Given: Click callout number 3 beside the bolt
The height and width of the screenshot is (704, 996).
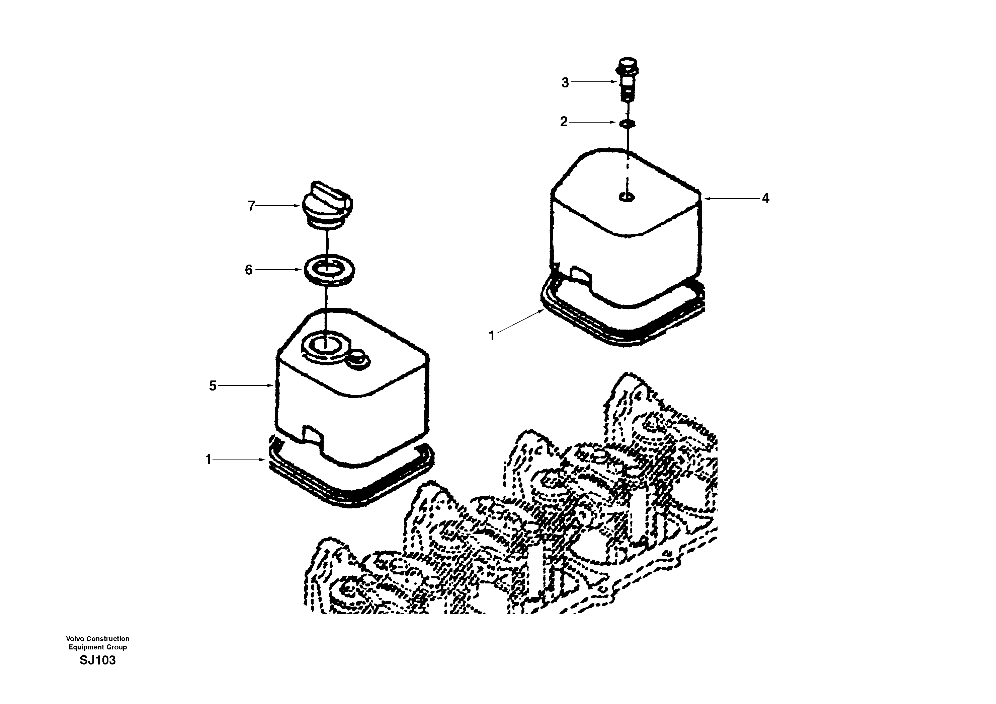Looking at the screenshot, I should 565,82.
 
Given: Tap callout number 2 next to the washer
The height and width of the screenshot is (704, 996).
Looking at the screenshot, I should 564,122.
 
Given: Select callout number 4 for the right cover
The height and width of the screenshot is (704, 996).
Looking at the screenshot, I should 766,198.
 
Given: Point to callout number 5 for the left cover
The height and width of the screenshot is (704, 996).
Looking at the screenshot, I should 213,385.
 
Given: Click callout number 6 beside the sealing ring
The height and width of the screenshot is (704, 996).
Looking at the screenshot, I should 249,270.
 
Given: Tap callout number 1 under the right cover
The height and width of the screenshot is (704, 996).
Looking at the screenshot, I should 492,336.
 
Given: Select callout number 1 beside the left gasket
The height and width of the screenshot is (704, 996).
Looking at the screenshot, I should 208,459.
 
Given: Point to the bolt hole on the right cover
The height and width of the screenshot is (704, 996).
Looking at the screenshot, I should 626,198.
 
